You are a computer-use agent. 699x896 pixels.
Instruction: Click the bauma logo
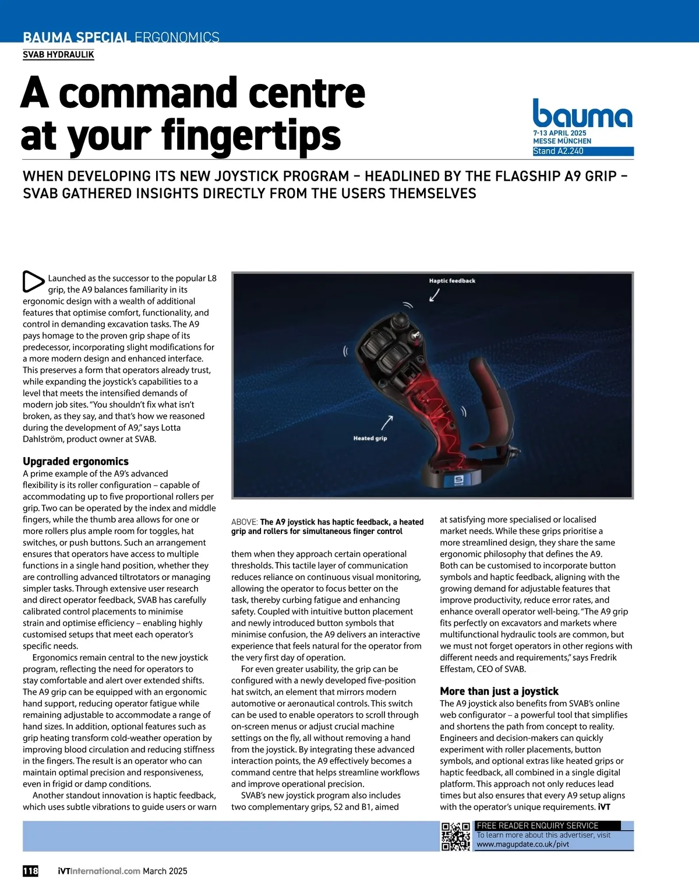pyautogui.click(x=582, y=114)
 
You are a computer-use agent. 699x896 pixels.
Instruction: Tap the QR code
pyautogui.click(x=456, y=836)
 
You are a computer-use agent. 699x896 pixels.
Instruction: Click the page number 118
pyautogui.click(x=30, y=871)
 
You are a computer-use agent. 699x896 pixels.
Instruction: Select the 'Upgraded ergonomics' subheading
pyautogui.click(x=76, y=461)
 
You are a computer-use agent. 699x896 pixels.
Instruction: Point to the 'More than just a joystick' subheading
pyautogui.click(x=499, y=691)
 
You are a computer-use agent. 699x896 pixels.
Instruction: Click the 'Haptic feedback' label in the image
pyautogui.click(x=452, y=281)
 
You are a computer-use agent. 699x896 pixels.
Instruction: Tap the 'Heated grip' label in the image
pyautogui.click(x=370, y=438)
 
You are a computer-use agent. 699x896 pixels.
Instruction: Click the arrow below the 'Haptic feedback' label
pyautogui.click(x=434, y=295)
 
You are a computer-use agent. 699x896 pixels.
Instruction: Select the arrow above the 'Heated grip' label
pyautogui.click(x=387, y=422)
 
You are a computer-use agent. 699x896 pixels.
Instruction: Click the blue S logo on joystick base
pyautogui.click(x=458, y=480)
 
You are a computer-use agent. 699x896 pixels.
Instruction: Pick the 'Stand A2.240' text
pyautogui.click(x=558, y=152)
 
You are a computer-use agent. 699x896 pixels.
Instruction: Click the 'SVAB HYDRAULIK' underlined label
pyautogui.click(x=58, y=55)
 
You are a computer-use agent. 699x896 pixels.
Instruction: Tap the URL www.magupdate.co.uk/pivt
pyautogui.click(x=523, y=844)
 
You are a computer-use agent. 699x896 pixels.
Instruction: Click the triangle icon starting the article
pyautogui.click(x=33, y=282)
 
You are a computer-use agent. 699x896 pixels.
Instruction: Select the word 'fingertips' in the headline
pyautogui.click(x=251, y=136)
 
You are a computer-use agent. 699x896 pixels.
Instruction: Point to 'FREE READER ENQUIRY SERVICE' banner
pyautogui.click(x=538, y=825)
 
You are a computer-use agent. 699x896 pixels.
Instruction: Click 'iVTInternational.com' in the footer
pyautogui.click(x=99, y=871)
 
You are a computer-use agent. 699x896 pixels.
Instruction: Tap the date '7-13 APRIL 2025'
pyautogui.click(x=560, y=133)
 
